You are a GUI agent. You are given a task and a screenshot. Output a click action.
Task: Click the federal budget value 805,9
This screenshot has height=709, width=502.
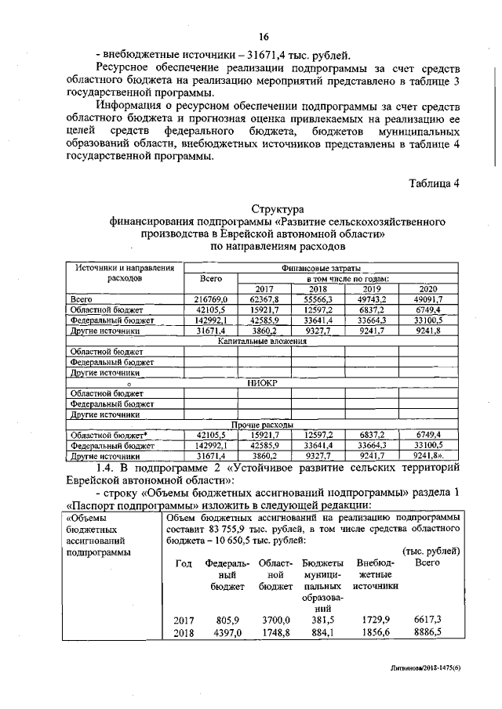227,619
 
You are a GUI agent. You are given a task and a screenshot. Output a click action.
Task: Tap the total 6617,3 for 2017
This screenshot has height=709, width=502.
427,619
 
